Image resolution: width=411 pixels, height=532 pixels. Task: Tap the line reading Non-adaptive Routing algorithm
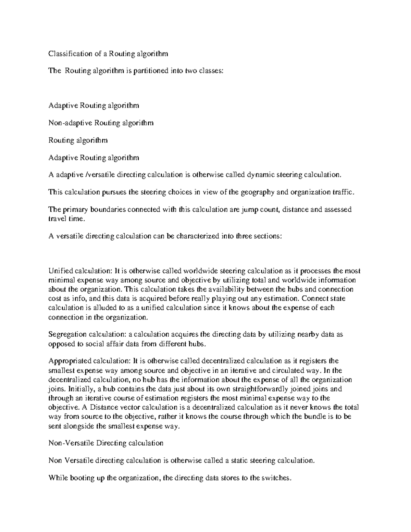pyautogui.click(x=101, y=123)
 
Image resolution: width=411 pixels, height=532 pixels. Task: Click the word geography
pyautogui.click(x=257, y=192)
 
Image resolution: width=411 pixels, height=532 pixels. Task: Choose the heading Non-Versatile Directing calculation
pyautogui.click(x=106, y=443)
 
